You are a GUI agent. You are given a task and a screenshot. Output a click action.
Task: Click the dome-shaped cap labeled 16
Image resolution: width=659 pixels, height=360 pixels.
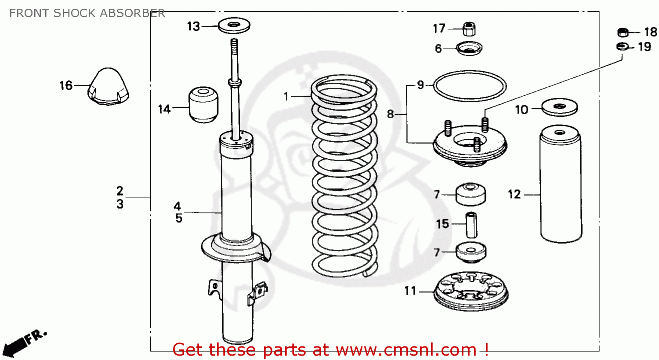tap(109, 87)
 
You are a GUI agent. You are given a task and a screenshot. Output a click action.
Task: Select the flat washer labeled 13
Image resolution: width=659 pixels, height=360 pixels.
tap(234, 25)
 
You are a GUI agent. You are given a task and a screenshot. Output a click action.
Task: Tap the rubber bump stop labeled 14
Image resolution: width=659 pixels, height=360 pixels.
tap(203, 105)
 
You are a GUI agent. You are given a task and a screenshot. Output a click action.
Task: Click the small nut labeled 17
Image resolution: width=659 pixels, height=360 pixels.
tap(469, 29)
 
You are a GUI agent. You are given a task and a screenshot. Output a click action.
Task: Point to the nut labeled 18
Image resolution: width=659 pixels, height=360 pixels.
tap(623, 32)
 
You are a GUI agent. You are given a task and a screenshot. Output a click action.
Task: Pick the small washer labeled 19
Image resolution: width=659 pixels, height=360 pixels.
tap(622, 46)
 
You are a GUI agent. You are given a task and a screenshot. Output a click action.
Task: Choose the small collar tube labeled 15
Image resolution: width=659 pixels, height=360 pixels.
tap(471, 224)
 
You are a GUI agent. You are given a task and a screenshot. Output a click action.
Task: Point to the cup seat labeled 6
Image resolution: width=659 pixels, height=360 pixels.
tap(469, 48)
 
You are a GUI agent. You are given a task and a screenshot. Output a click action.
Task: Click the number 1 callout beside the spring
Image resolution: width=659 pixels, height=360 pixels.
tap(286, 96)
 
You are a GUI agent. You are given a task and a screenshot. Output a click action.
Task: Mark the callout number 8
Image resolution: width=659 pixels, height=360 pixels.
tap(390, 114)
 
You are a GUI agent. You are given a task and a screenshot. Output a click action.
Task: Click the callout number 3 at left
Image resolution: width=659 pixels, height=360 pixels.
tap(120, 204)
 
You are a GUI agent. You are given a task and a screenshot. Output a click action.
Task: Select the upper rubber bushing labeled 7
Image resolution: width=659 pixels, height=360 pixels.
tap(471, 194)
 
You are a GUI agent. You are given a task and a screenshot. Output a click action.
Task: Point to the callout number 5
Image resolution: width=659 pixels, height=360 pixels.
tap(178, 218)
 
